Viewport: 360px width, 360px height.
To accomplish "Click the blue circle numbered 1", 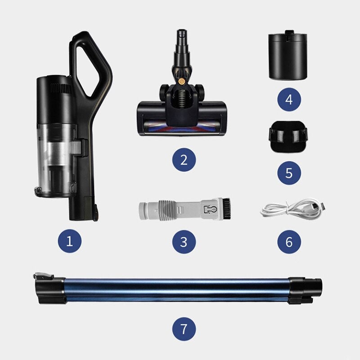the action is pos(70,241).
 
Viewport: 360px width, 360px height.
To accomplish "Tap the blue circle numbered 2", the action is pos(184,160).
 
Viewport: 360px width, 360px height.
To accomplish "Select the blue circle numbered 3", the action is pos(184,242).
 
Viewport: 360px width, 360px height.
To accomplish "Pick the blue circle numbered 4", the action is pos(289,99).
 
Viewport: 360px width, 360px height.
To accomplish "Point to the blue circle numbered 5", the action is pos(289,173).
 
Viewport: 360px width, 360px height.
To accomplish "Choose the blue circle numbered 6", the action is pos(289,242).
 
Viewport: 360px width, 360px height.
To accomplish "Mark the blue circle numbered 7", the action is pos(184,329).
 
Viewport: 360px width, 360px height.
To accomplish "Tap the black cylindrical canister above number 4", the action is pos(288,55).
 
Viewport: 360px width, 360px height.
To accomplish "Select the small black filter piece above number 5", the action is pos(288,137).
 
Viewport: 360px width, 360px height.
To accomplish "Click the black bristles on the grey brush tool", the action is pos(227,208).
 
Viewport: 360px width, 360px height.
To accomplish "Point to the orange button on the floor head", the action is pos(182,81).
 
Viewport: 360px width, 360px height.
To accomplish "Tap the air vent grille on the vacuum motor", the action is pos(61,88).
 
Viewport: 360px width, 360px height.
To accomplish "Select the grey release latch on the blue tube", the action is pos(43,276).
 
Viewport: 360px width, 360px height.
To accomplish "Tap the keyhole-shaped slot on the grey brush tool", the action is pos(210,209).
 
